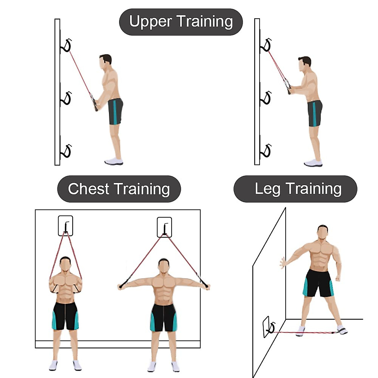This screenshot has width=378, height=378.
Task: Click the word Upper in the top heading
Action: coord(151,22)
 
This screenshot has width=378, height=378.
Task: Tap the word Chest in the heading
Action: coord(88,189)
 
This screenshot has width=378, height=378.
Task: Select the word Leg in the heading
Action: coord(267,189)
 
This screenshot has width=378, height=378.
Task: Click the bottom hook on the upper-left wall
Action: coord(66,151)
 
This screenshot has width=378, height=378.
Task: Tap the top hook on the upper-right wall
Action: coord(266,45)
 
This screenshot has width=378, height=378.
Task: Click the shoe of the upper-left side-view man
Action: coord(114,162)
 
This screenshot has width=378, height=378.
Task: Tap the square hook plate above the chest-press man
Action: coord(66,226)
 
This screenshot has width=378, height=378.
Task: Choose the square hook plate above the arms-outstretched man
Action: coord(164,227)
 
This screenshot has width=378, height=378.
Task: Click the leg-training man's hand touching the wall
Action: coord(283,263)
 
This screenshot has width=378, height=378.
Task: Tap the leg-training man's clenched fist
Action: coord(338,279)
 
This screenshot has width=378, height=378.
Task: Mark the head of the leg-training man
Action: coord(323,232)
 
